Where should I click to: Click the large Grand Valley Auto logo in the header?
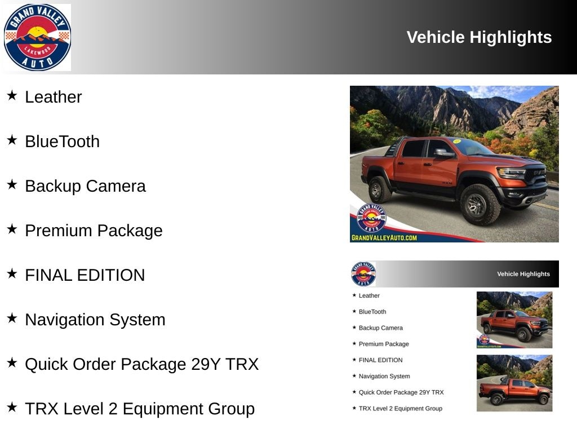click(x=37, y=37)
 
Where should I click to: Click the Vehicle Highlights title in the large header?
click(x=479, y=37)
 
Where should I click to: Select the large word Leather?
click(x=54, y=97)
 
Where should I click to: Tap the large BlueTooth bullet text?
click(x=62, y=142)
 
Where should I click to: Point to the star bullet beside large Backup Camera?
click(x=12, y=184)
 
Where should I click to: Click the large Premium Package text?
click(x=94, y=231)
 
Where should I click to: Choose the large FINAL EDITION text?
click(x=85, y=275)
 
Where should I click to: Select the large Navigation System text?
click(x=95, y=320)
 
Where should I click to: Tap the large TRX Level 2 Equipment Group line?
click(x=140, y=409)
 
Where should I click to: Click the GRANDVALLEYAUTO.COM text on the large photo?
click(x=384, y=238)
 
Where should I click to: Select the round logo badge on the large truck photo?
click(x=371, y=218)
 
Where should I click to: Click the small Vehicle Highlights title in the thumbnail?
click(x=523, y=274)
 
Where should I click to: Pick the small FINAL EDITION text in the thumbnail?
click(x=380, y=360)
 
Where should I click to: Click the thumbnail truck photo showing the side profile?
click(x=514, y=383)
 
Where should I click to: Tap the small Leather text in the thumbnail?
click(x=369, y=295)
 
